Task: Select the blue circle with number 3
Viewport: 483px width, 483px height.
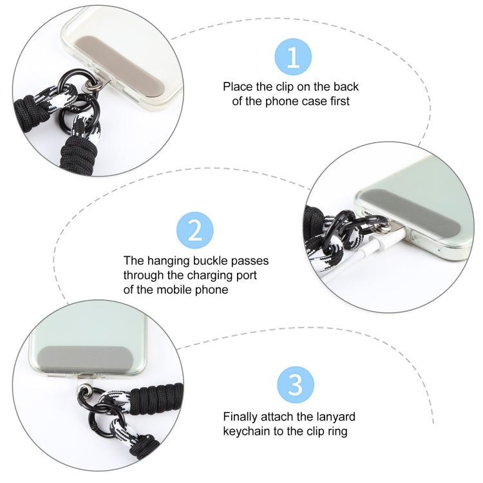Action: point(295,384)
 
